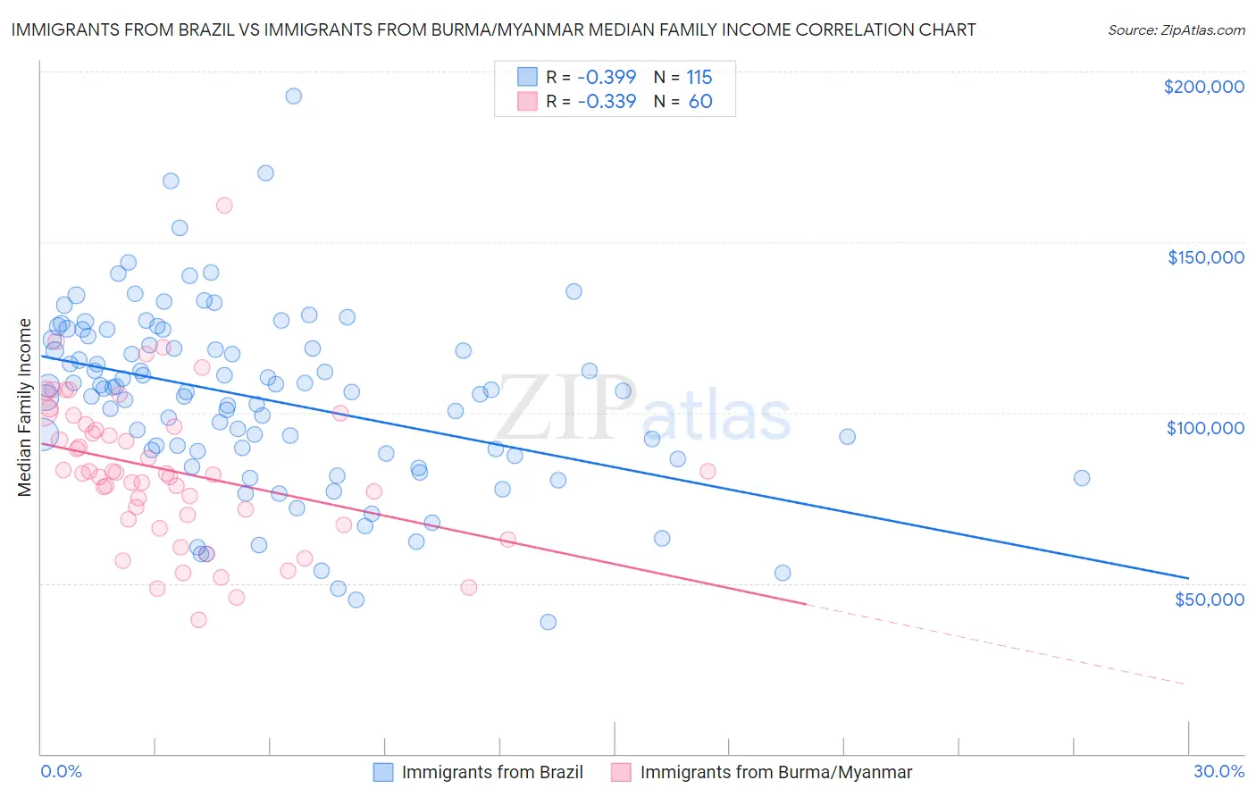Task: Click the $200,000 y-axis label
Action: [1203, 87]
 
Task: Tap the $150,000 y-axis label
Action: [1205, 257]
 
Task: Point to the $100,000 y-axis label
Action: [1205, 428]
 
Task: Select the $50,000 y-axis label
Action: [1209, 599]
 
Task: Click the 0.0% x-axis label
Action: [61, 771]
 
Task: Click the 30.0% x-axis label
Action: [1218, 771]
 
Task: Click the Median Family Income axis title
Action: [25, 407]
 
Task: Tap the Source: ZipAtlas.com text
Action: [1176, 30]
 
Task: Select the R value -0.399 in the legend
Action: [607, 77]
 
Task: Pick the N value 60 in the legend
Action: [700, 101]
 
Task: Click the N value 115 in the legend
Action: [699, 77]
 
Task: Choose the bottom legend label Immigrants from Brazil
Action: [492, 772]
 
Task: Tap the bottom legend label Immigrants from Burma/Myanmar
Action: [775, 772]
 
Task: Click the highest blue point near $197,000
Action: [293, 96]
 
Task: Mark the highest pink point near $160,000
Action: [224, 206]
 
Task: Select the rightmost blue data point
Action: [1082, 478]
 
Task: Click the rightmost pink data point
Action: [708, 471]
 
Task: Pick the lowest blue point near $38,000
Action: [548, 622]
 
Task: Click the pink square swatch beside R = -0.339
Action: [528, 101]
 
